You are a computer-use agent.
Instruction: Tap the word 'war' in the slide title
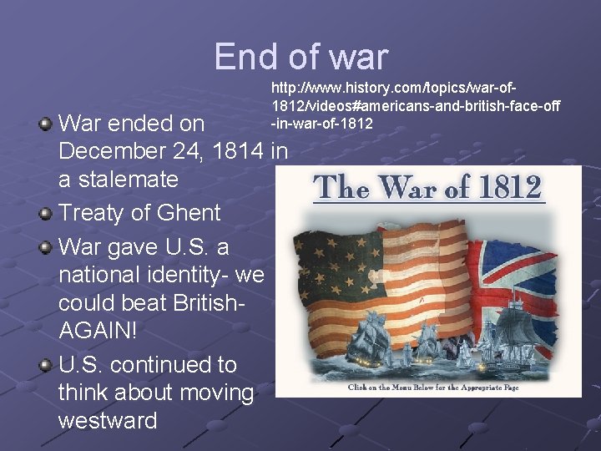click(359, 57)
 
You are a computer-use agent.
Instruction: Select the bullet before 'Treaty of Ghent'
click(47, 213)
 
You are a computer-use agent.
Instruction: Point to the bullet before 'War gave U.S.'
click(47, 248)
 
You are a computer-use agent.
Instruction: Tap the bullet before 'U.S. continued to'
click(47, 365)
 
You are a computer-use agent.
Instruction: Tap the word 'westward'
click(108, 420)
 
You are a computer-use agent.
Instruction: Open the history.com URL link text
click(415, 105)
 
